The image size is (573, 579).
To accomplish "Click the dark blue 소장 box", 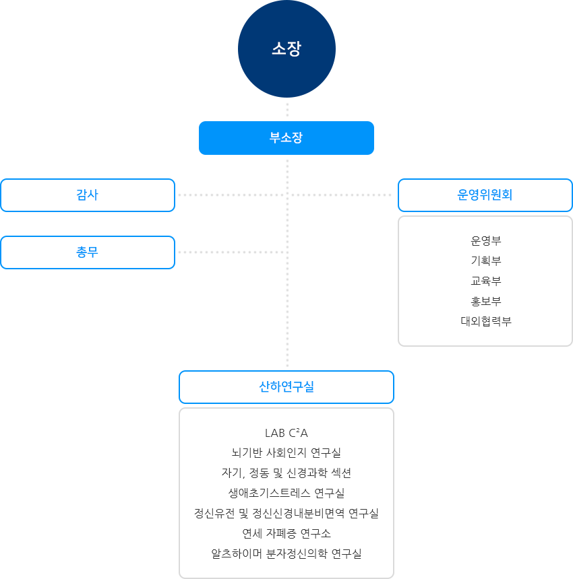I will pos(286,49).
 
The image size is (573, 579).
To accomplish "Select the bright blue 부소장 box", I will pos(286,137).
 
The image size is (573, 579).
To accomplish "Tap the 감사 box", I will pos(88,195).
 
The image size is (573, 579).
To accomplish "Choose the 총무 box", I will pos(88,252).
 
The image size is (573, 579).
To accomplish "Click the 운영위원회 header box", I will pos(485,195).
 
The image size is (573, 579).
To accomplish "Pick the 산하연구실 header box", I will pos(286,387).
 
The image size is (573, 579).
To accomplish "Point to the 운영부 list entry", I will pos(486,240).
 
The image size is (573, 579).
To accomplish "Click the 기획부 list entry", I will pos(486,261).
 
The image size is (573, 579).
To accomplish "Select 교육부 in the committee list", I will pos(486,281).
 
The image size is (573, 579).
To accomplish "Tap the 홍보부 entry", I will pos(486,301).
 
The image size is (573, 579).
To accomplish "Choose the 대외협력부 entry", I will pos(486,321).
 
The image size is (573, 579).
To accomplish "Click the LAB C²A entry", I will pos(286,432).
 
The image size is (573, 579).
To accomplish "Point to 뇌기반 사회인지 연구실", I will pos(286,452).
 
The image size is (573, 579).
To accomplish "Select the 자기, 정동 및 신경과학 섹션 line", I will pos(286,473).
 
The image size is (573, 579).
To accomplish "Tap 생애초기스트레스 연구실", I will pos(286,493).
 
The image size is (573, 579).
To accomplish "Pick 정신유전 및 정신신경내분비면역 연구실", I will pos(286,513).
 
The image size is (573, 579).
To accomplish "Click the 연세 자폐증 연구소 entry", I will pos(286,533).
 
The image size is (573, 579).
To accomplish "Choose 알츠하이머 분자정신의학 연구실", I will pos(286,553).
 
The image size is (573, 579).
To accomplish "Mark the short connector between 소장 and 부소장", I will pos(287,110).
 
